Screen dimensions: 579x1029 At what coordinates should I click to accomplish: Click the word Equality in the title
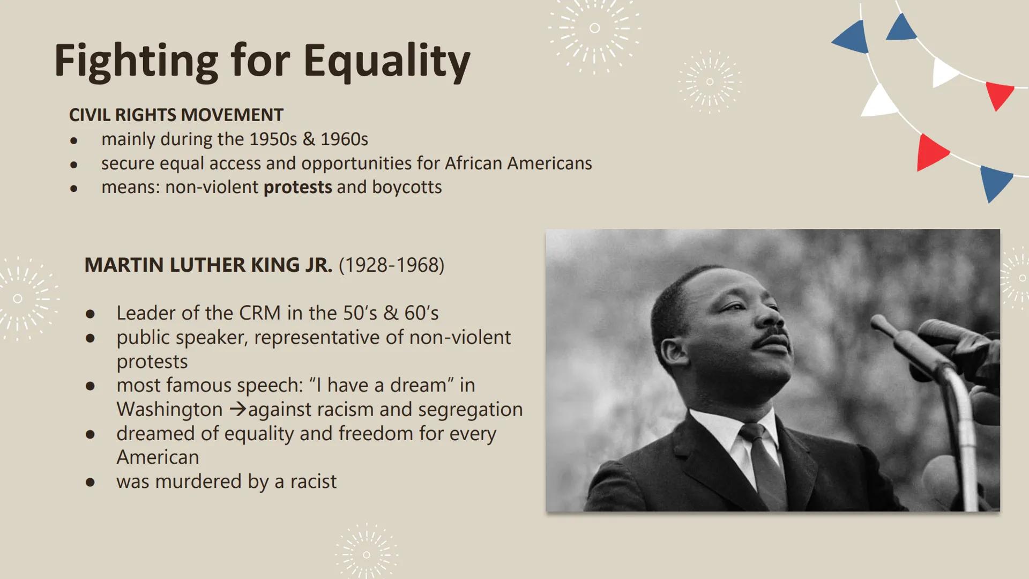(386, 61)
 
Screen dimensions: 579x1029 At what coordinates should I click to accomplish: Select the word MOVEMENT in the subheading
(232, 115)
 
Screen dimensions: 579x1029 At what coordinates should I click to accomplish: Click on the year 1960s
(344, 139)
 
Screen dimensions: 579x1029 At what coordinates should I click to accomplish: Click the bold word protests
(297, 187)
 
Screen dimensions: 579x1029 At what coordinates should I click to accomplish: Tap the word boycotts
(407, 187)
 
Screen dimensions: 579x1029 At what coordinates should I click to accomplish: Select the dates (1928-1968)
(391, 265)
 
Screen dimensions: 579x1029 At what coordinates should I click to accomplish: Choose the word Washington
(169, 410)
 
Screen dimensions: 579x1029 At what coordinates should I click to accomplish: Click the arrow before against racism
(237, 410)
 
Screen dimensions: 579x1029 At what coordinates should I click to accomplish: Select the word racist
(314, 481)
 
